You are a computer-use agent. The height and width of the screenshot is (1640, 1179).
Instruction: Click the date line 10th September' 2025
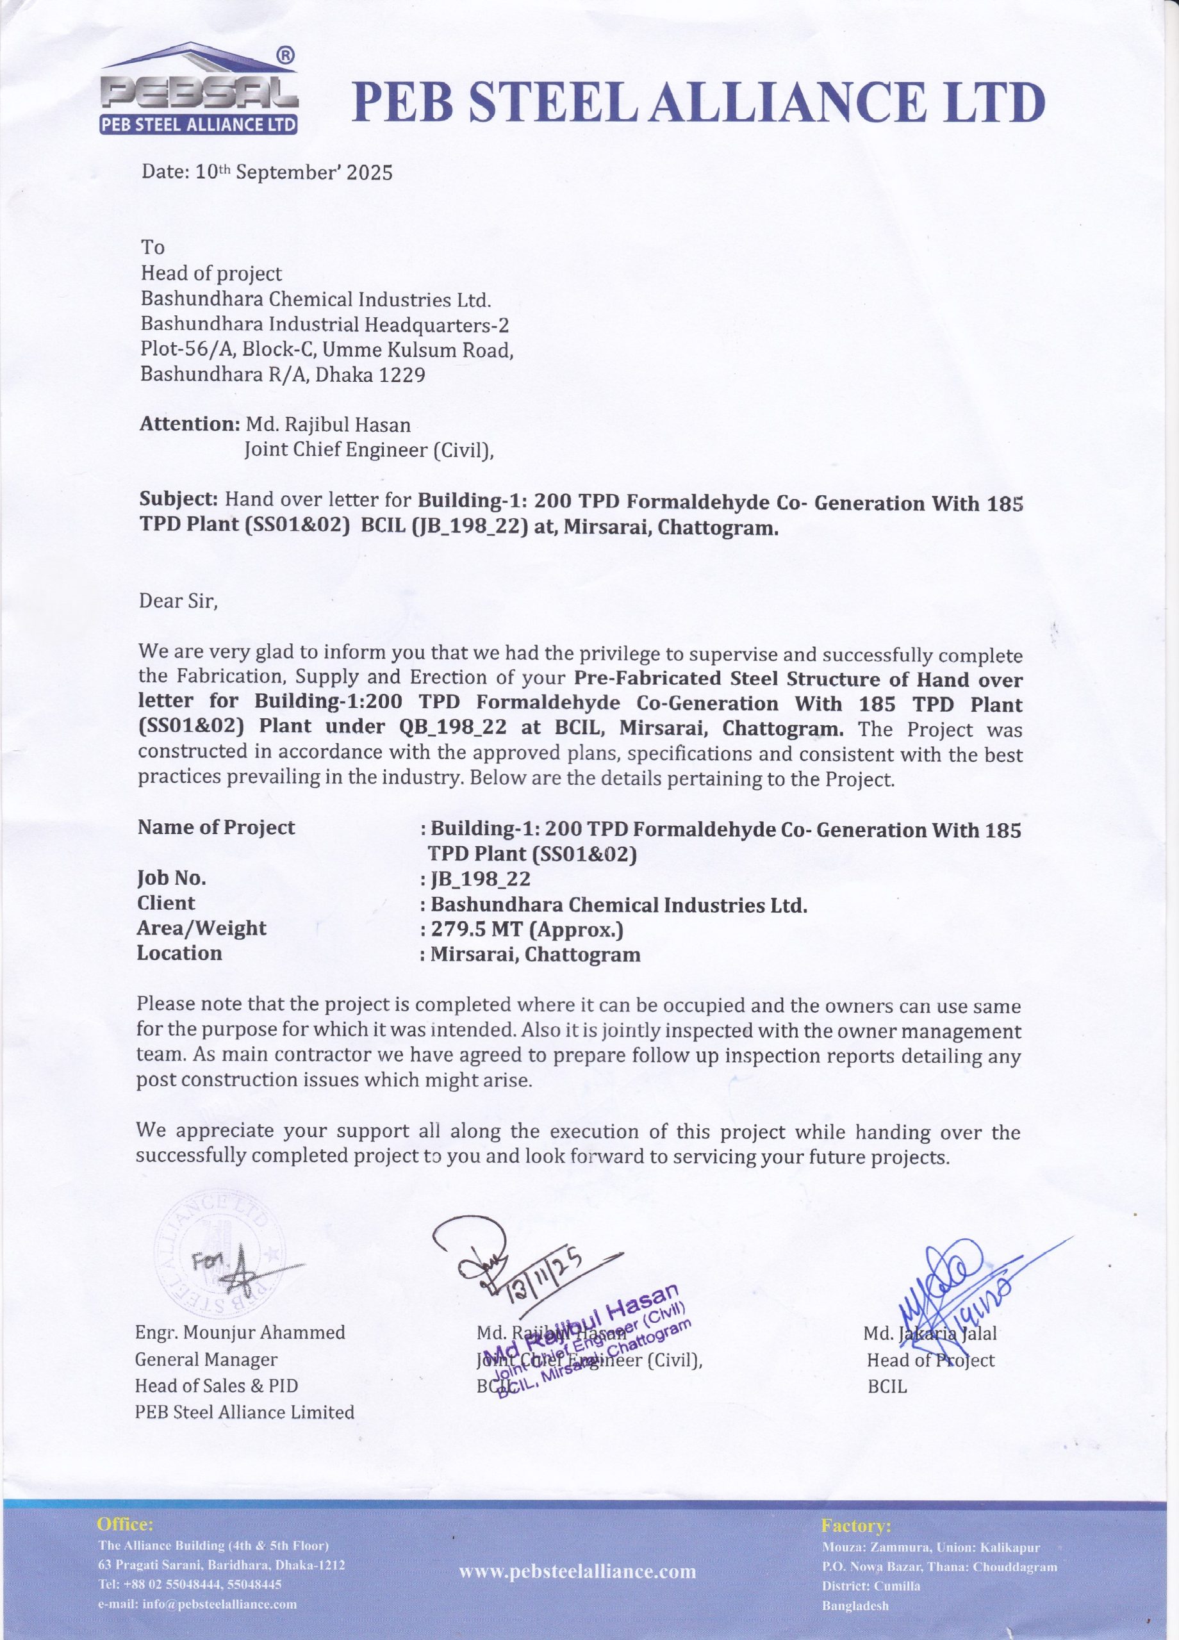click(x=267, y=172)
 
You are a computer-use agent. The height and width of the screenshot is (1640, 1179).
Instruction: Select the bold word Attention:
click(x=189, y=423)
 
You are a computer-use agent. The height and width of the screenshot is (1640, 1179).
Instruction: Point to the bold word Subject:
click(x=178, y=499)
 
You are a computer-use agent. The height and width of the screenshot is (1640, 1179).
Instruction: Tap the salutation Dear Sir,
click(x=178, y=601)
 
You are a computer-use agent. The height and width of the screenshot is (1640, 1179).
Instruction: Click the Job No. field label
click(x=172, y=878)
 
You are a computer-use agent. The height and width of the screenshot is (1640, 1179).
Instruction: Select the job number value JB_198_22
click(x=479, y=878)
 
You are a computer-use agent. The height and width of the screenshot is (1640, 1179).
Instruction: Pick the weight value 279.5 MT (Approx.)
click(x=527, y=928)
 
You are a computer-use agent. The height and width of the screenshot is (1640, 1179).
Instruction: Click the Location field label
click(x=179, y=953)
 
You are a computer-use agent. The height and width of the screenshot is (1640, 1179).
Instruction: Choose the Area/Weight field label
click(x=202, y=928)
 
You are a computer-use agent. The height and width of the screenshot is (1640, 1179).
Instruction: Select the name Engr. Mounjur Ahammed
click(x=240, y=1332)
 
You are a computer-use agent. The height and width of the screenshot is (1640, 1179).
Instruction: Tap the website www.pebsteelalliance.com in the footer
click(x=577, y=1571)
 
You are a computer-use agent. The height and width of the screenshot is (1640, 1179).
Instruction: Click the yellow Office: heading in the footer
click(x=125, y=1524)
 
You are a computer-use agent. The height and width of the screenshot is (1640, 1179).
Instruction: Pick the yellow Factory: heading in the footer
click(x=855, y=1526)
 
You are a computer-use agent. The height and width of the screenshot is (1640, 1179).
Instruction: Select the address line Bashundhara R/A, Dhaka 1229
click(x=283, y=375)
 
